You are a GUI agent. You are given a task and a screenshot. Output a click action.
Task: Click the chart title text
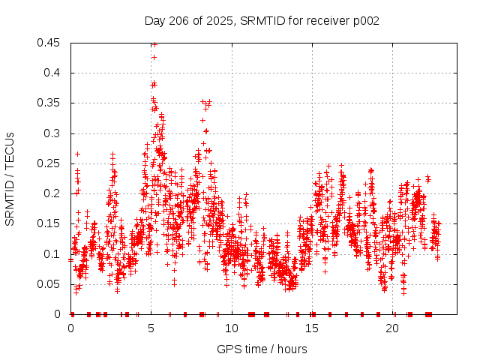point(262,21)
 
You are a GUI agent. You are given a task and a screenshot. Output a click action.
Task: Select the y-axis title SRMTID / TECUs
point(10,178)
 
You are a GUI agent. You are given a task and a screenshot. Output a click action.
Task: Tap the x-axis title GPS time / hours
point(262,349)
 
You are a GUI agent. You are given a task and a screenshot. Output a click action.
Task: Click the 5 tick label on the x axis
point(151,328)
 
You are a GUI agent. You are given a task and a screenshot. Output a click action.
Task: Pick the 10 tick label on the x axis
point(232,328)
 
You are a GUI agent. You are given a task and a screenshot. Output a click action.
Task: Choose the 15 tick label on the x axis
point(312,328)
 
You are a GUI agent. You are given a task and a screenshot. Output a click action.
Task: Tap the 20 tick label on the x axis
point(392,328)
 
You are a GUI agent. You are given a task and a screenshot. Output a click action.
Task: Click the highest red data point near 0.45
point(154,44)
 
